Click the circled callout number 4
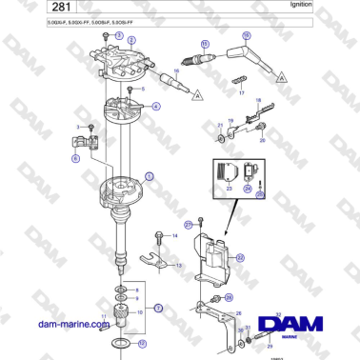pyautogui.click(x=156, y=107)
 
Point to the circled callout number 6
pyautogui.click(x=75, y=160)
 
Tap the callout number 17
pyautogui.click(x=241, y=95)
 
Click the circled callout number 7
pyautogui.click(x=159, y=308)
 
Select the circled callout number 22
pyautogui.click(x=240, y=257)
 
